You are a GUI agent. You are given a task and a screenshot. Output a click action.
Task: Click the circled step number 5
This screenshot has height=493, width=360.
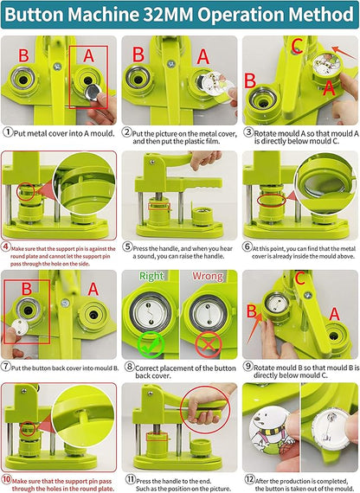click(x=127, y=246)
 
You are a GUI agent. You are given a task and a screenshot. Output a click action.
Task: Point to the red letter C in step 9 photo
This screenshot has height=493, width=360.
click(x=324, y=279)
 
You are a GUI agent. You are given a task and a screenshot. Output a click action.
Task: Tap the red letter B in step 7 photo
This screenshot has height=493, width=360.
click(x=26, y=290)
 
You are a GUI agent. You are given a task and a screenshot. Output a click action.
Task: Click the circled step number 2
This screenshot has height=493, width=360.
click(x=127, y=132)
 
